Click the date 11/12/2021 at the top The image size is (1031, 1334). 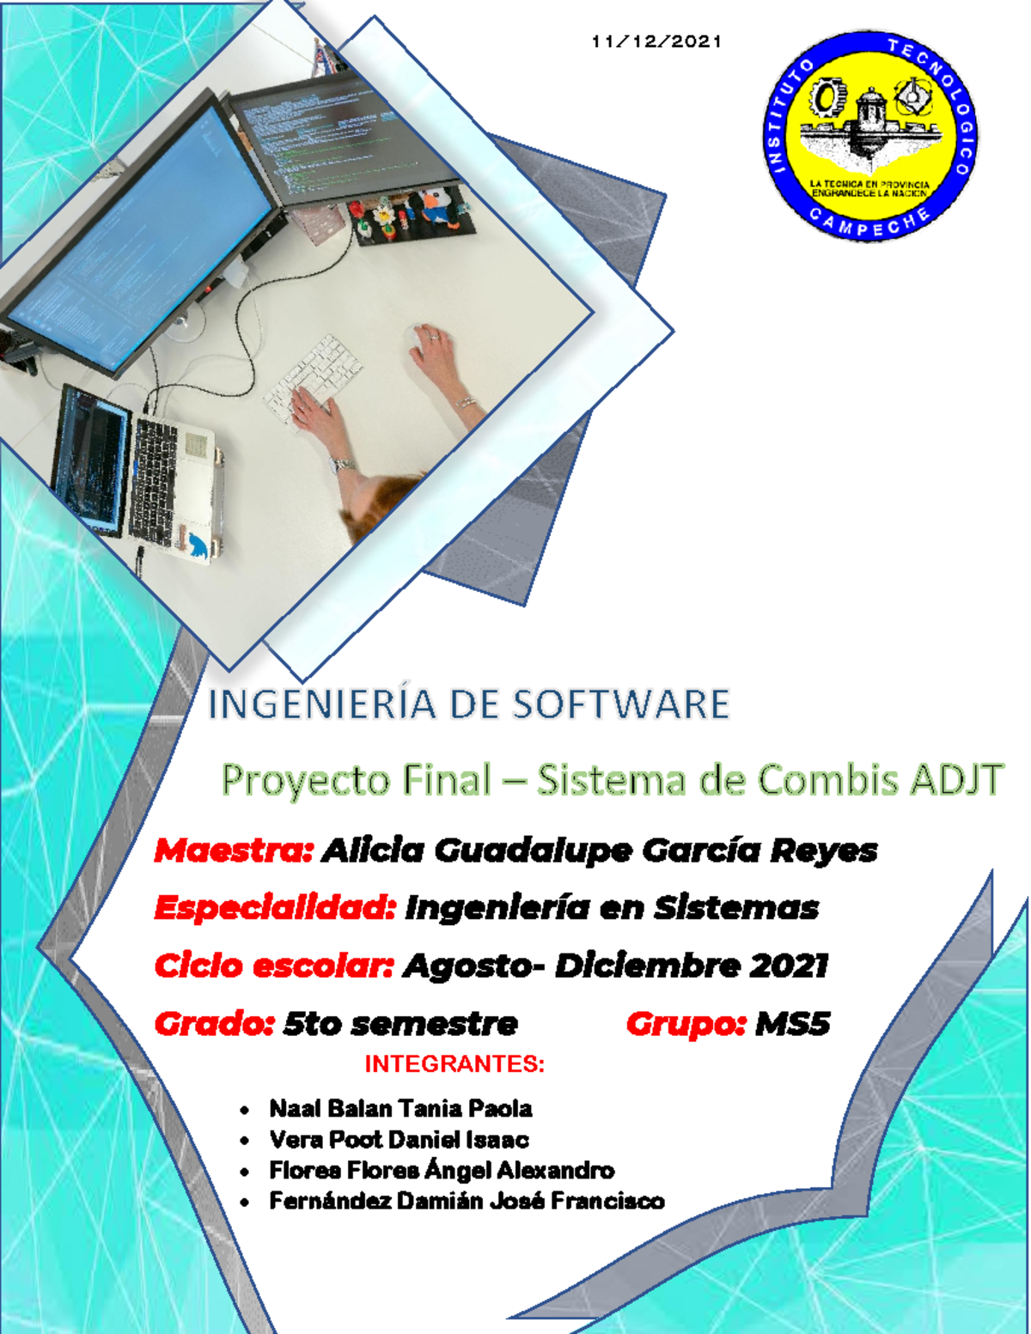coord(656,41)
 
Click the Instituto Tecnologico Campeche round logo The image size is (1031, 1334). coord(869,136)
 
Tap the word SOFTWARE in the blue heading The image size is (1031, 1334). coord(621,704)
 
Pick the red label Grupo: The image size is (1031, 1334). coord(686,1024)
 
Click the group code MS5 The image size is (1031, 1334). coord(792,1024)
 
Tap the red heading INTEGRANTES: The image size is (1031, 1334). coord(454,1064)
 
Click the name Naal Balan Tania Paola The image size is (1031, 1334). coord(400,1109)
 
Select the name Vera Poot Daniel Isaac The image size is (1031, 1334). coord(399,1140)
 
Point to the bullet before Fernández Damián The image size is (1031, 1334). coord(246,1203)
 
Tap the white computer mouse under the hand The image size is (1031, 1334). coord(421,342)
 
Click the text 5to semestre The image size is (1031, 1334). coord(400,1024)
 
